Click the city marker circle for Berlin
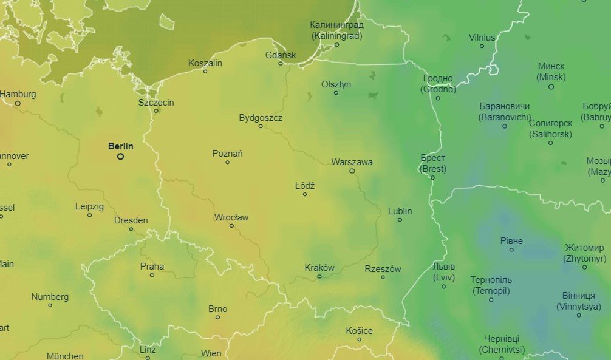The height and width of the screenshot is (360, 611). point(120,157)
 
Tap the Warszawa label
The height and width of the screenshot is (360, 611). point(352,162)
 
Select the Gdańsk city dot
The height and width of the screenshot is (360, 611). point(281,63)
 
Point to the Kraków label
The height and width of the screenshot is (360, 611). point(319,268)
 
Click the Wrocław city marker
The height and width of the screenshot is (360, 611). point(231,226)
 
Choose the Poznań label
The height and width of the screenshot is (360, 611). point(227,154)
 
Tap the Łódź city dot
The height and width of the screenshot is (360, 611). point(305,194)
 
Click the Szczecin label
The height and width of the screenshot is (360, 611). point(156,102)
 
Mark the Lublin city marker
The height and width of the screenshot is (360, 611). point(400,220)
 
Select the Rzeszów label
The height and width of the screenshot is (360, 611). point(383,269)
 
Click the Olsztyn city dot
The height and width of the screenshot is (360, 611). point(336,93)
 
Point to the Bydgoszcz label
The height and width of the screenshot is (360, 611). point(261,118)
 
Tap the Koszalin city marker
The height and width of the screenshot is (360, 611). point(205,72)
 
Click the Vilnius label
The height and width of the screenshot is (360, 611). point(482,38)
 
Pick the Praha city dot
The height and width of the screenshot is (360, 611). point(152,275)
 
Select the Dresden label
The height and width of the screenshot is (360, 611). point(131,220)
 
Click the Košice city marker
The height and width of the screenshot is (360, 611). point(359,339)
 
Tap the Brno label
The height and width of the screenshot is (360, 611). point(217,309)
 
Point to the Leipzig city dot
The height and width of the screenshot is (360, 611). point(90,215)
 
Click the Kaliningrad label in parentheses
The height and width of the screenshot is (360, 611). point(337,36)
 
